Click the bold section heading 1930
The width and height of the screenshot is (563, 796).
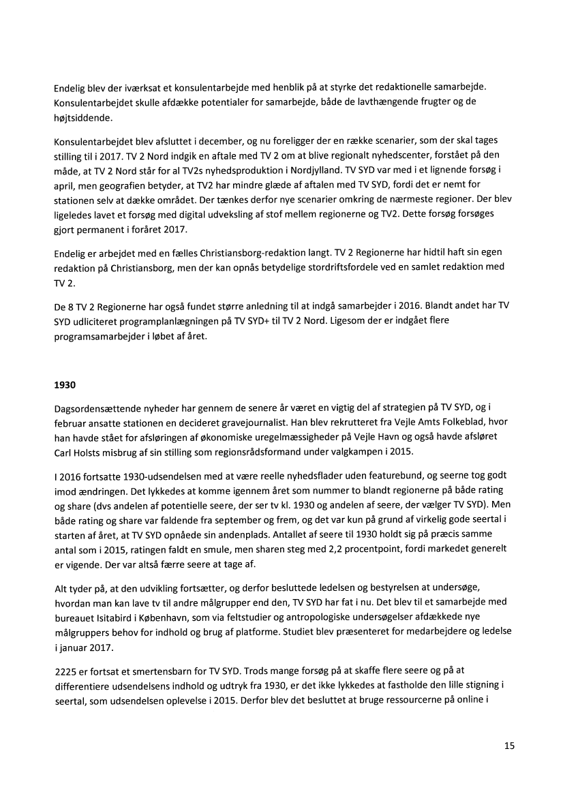tap(65, 384)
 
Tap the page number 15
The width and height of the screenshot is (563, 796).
tap(509, 746)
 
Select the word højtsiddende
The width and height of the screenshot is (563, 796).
tap(80, 117)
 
